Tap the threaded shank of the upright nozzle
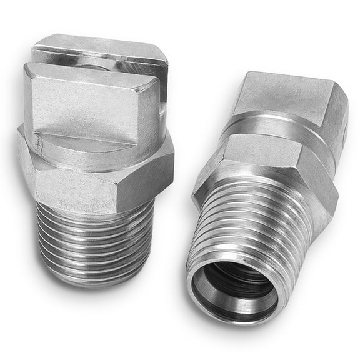click(x=94, y=241)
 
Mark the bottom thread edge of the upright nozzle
click(x=94, y=282)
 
